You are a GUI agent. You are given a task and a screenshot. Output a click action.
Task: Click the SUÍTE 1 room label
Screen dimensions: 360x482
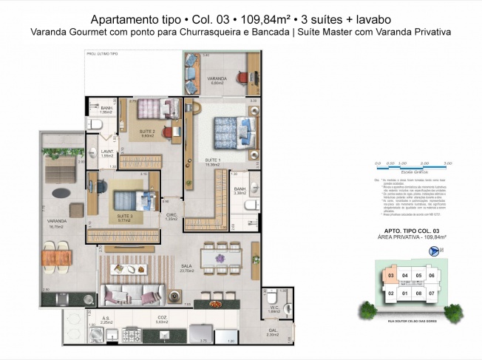(x=213, y=162)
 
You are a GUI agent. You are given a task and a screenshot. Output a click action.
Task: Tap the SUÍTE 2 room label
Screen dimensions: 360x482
(x=146, y=133)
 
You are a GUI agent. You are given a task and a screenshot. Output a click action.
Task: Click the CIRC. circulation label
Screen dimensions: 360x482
(x=172, y=217)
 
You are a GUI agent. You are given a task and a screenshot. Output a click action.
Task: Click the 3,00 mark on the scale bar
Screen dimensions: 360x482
(x=447, y=162)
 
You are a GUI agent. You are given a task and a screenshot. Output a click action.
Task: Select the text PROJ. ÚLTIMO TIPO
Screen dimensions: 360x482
(x=102, y=55)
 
